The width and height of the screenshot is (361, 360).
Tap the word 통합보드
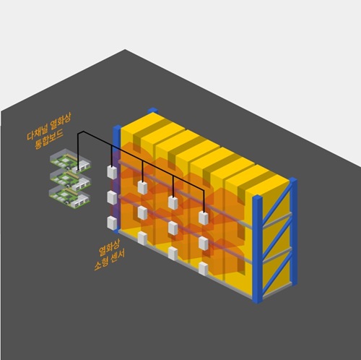(49, 140)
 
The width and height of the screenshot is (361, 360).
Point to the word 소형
(101, 265)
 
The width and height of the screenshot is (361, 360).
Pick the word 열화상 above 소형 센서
(106, 247)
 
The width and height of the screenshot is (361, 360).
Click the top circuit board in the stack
(70, 161)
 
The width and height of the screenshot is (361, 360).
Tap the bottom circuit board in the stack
(70, 197)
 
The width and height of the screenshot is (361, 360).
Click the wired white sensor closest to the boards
(112, 172)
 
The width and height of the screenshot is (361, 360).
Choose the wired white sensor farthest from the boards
(204, 218)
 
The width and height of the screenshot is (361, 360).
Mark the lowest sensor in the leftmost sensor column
(112, 223)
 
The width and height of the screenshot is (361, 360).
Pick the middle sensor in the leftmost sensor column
(112, 197)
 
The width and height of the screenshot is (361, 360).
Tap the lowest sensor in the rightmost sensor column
(204, 269)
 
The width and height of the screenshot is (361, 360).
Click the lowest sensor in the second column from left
(142, 238)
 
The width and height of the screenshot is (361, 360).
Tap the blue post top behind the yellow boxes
(152, 111)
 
